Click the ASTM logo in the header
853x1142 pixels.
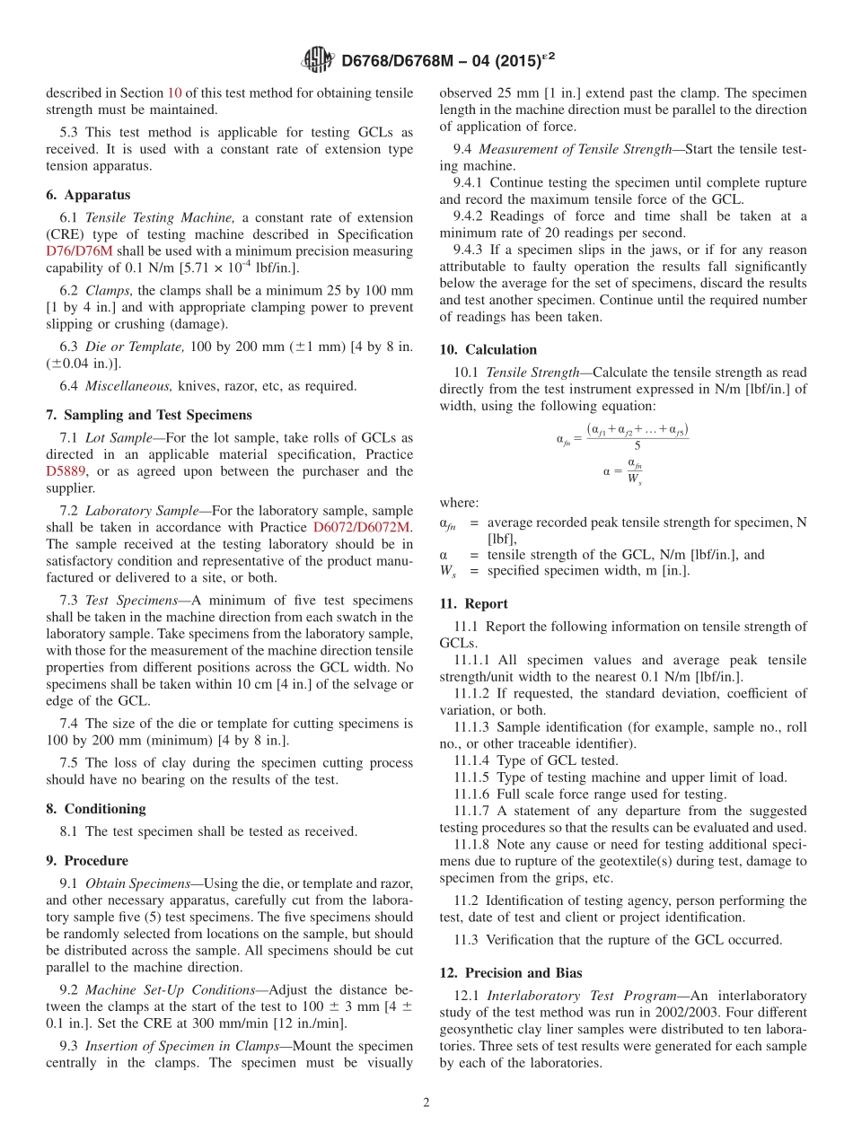pyautogui.click(x=318, y=61)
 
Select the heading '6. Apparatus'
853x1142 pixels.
pyautogui.click(x=87, y=195)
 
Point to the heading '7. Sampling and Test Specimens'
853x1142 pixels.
pyautogui.click(x=148, y=415)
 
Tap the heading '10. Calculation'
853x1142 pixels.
pyautogui.click(x=488, y=349)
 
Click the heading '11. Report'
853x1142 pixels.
pyautogui.click(x=473, y=603)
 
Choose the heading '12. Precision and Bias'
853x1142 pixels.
pyautogui.click(x=510, y=972)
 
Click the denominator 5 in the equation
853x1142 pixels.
pyautogui.click(x=638, y=445)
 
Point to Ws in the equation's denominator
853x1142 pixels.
pyautogui.click(x=635, y=480)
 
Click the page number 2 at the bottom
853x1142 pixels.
pyautogui.click(x=426, y=1102)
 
